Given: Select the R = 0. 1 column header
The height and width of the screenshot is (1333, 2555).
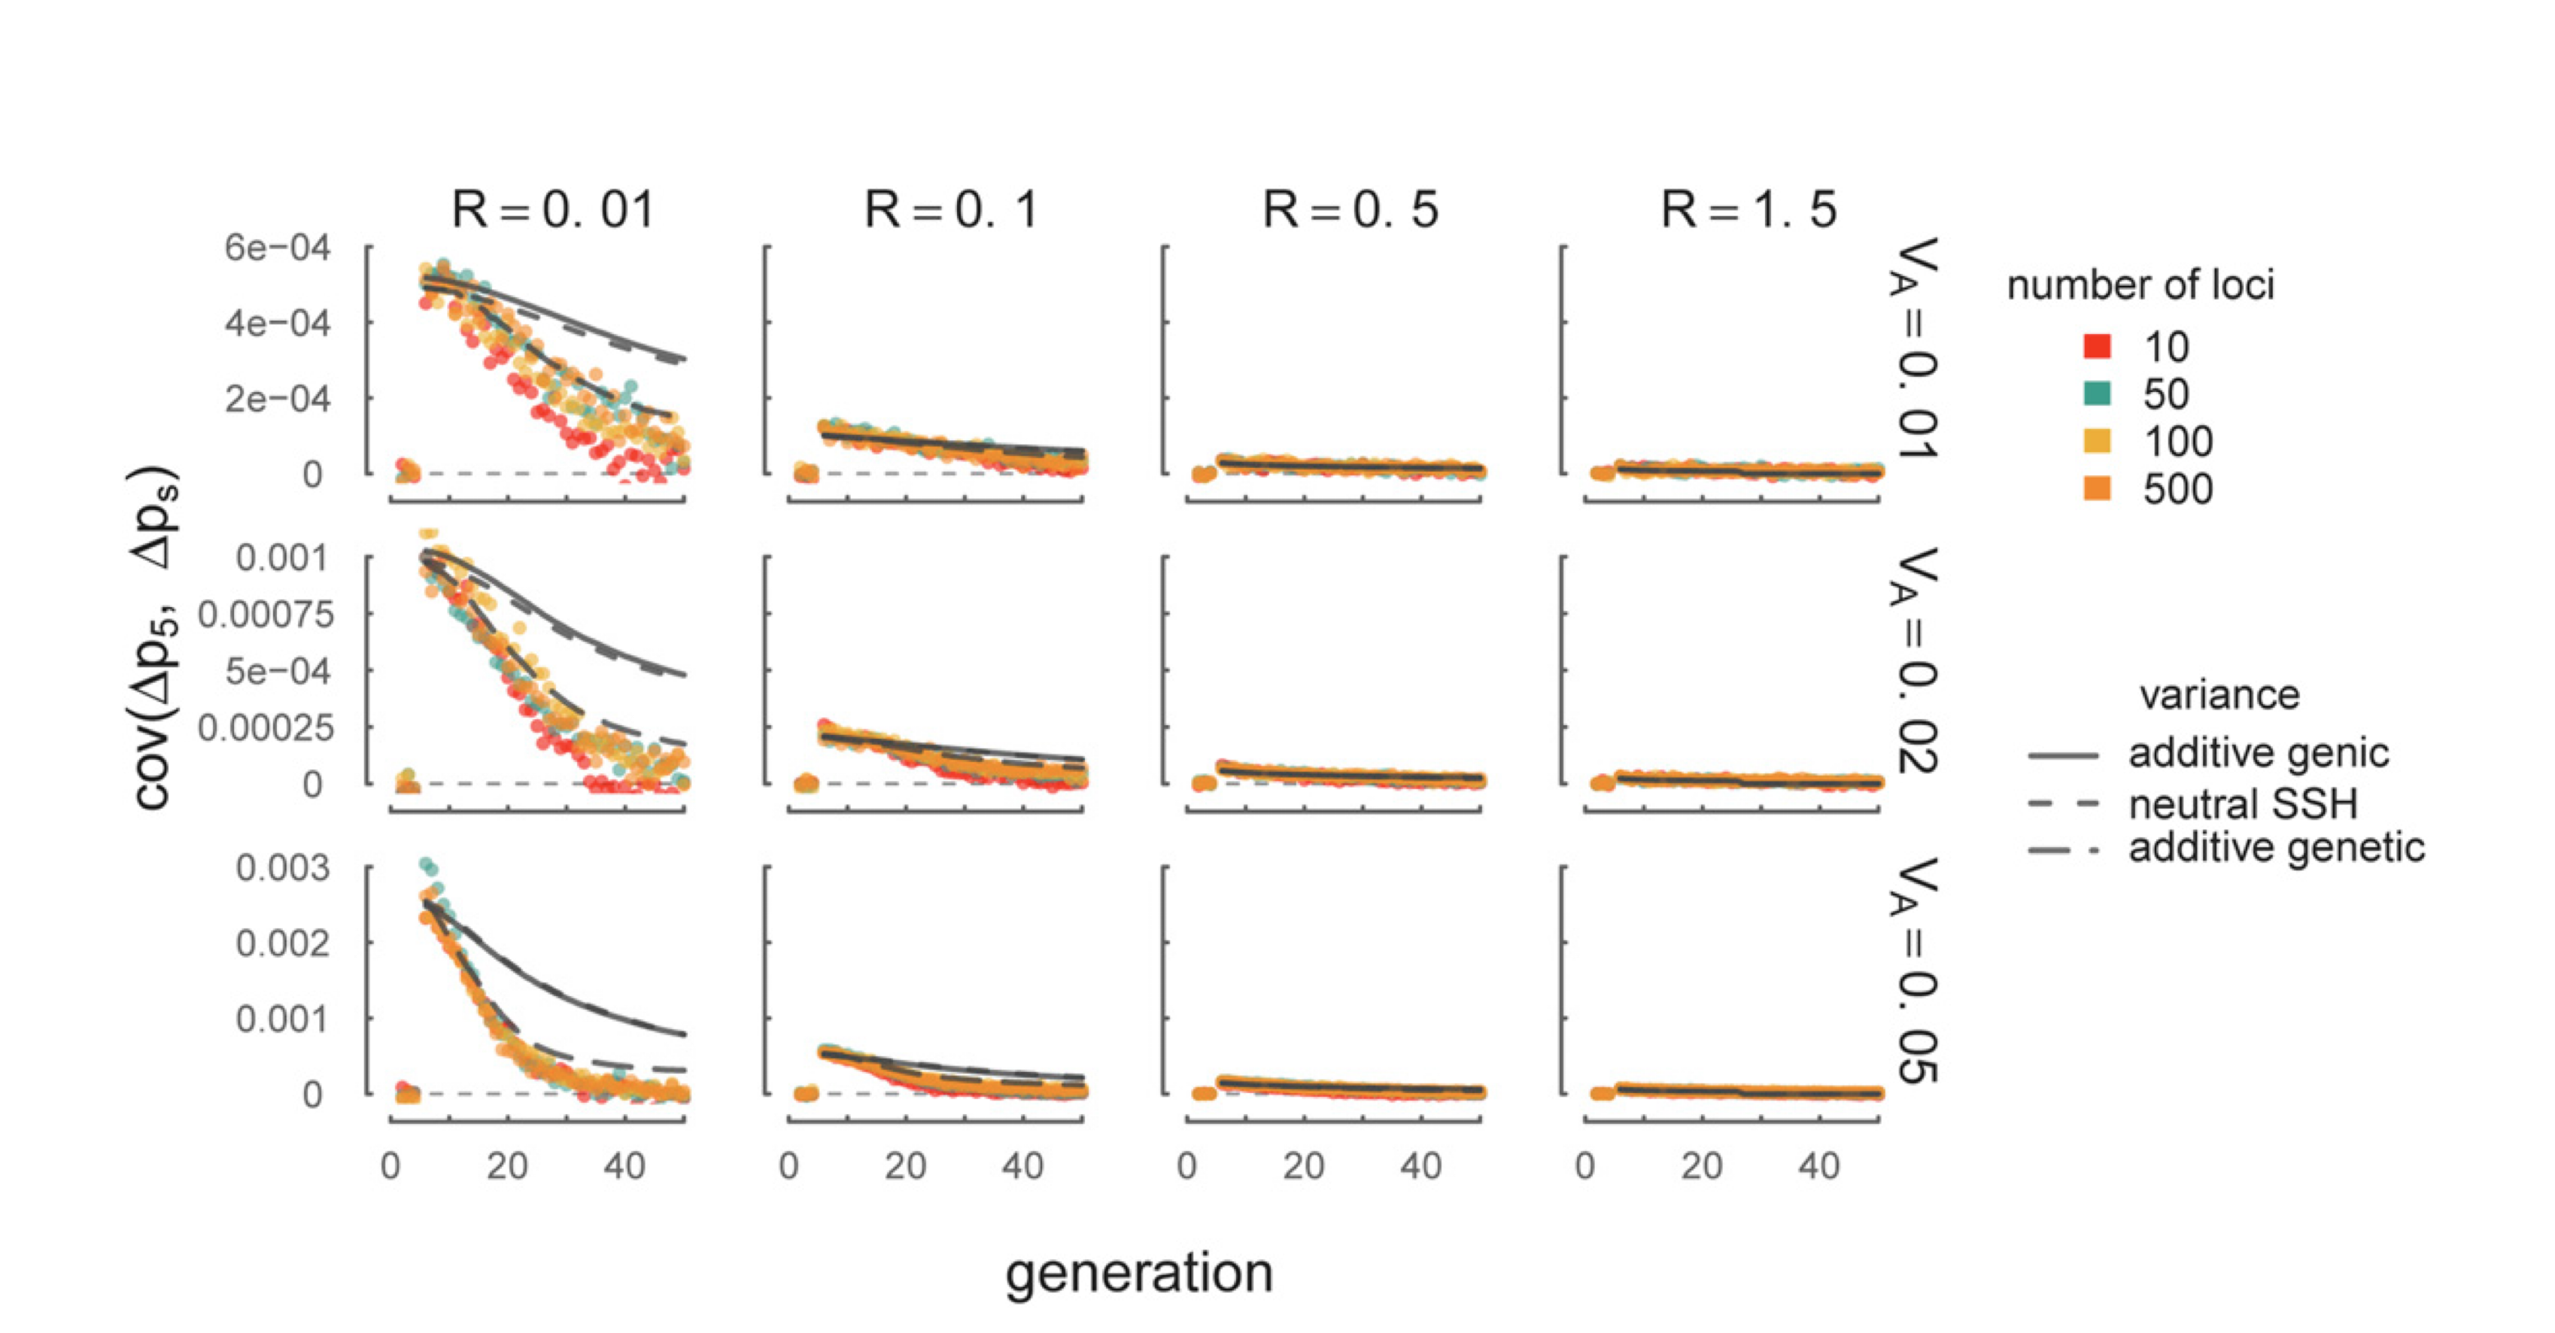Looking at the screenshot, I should (951, 211).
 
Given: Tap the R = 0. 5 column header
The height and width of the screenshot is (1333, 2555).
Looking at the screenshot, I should (1350, 211).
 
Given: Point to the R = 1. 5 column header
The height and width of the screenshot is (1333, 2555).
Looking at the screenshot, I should (1748, 211).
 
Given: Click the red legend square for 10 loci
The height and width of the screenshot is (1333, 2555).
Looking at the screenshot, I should (2097, 346).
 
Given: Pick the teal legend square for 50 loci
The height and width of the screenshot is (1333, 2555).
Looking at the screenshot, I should (2097, 393).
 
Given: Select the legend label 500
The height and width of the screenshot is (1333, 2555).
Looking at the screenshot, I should (2177, 489).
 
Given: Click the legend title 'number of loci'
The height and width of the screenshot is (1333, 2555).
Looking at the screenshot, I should (2140, 286).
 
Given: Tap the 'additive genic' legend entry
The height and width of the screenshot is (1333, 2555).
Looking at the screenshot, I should (2258, 754).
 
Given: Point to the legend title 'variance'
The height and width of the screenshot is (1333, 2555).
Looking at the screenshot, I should (2219, 695).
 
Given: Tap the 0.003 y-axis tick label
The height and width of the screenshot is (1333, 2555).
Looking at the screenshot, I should (283, 868).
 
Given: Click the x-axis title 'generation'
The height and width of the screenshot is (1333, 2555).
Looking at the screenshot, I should (1138, 1274).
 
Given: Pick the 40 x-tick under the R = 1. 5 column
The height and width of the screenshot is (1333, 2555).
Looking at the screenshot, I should (1819, 1166).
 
